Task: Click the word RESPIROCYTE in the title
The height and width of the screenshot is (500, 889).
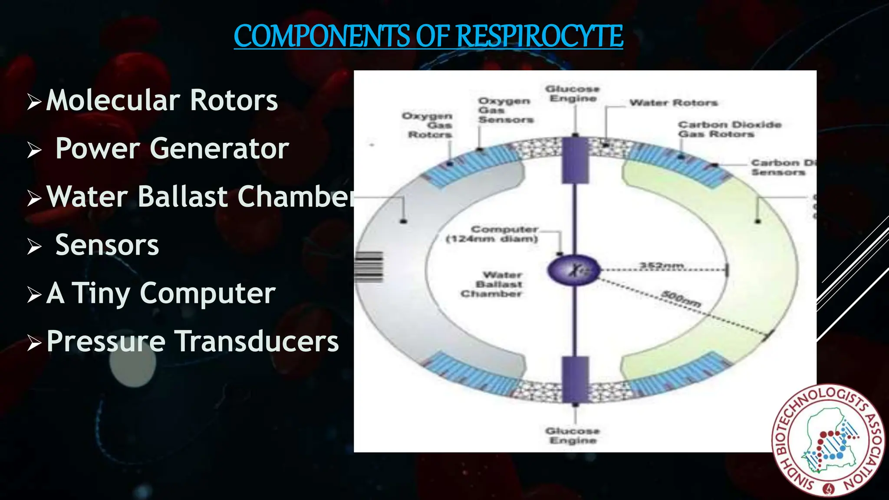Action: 540,36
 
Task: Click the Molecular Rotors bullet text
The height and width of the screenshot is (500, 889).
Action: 161,100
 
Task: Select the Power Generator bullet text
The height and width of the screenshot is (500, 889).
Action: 172,148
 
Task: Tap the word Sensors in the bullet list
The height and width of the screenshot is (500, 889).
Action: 107,245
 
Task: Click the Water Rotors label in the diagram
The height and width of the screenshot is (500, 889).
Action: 673,103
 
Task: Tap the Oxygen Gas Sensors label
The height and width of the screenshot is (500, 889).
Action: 505,110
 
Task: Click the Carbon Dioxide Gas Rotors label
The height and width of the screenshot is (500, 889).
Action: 729,129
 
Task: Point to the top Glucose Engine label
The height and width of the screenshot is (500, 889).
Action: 573,94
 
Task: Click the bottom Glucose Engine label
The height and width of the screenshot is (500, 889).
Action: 573,435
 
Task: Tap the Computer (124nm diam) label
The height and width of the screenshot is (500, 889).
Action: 493,234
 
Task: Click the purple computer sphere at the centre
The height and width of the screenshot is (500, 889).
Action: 574,270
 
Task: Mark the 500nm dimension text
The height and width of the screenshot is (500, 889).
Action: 680,299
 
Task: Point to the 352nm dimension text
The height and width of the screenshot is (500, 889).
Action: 662,265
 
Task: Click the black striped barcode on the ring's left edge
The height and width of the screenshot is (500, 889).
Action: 369,267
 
